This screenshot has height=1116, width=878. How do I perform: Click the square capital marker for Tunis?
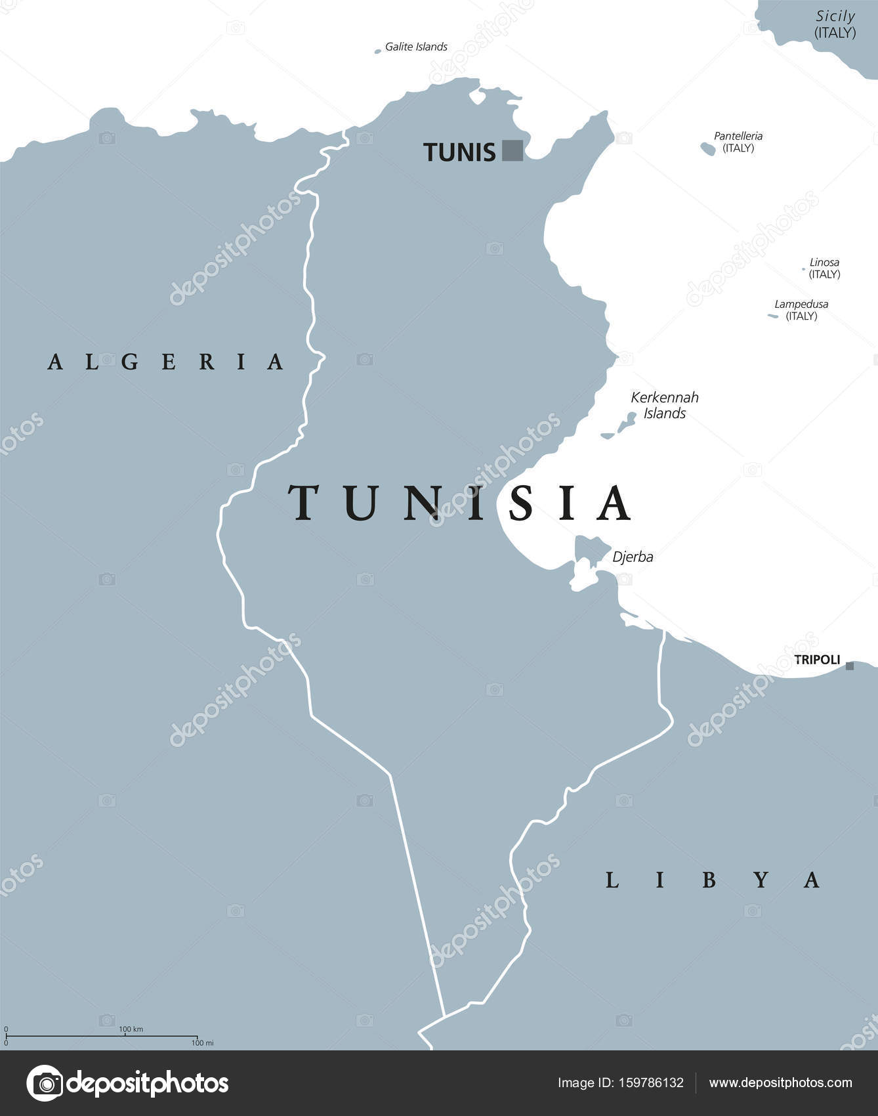click(512, 150)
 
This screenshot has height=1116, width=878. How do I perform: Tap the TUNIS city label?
click(459, 152)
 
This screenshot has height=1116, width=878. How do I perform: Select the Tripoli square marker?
click(850, 666)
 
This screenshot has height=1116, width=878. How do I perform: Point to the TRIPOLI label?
click(817, 660)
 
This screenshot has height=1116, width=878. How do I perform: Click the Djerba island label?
click(633, 557)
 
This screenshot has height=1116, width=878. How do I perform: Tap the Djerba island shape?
click(589, 549)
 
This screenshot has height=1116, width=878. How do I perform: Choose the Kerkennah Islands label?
click(665, 405)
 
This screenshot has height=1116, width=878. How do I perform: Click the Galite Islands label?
click(416, 47)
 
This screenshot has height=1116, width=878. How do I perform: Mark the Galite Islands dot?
click(378, 51)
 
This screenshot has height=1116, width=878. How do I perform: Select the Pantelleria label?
click(738, 136)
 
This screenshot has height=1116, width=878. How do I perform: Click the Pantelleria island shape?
click(708, 149)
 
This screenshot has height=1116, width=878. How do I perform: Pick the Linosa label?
click(824, 262)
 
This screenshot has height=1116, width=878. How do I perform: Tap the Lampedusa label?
click(801, 304)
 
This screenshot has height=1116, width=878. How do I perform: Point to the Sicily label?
click(835, 16)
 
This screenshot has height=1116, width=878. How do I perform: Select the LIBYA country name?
click(712, 880)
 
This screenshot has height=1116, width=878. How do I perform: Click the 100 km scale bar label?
click(131, 1029)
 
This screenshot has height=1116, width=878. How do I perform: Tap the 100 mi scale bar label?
click(202, 1042)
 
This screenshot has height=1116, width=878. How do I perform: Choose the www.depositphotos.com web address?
click(780, 1083)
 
